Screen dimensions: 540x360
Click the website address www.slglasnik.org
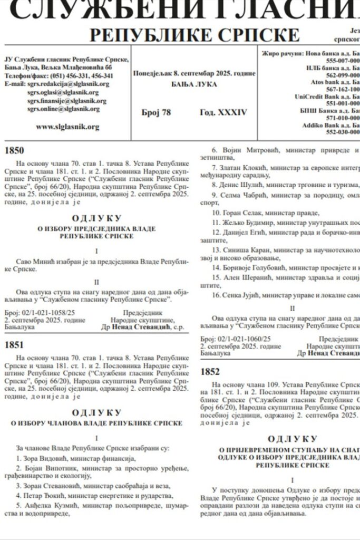point(67,127)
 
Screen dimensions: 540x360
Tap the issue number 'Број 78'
point(157,112)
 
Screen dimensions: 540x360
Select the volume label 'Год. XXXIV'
point(223,112)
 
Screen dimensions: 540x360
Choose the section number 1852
point(210,371)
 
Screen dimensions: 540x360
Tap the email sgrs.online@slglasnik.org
point(64,109)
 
